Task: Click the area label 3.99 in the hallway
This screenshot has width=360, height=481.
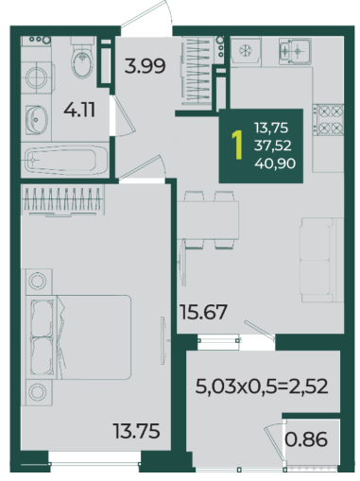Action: (x=145, y=66)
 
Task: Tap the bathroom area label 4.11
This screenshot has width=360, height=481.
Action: (x=79, y=110)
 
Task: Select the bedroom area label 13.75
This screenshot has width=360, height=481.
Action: (x=137, y=431)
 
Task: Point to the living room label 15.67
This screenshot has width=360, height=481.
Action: (x=203, y=312)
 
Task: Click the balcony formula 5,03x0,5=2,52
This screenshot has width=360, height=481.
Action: (x=262, y=387)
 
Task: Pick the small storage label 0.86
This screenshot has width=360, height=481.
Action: (x=306, y=439)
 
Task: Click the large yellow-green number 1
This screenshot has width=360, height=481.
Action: (x=237, y=146)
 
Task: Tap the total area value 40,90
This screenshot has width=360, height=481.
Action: (x=275, y=163)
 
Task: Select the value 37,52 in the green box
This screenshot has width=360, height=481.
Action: (x=273, y=146)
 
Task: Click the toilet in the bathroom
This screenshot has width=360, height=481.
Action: (x=82, y=58)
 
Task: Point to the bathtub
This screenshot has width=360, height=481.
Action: (x=65, y=160)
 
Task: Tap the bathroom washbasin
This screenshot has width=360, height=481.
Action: (x=37, y=120)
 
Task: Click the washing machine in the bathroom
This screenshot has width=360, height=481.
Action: (x=37, y=77)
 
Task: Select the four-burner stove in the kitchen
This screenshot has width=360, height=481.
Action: (x=330, y=120)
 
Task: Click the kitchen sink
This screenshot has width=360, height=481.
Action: (x=295, y=50)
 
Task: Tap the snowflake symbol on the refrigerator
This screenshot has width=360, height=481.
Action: (x=246, y=51)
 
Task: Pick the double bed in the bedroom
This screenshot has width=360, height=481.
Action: (x=78, y=337)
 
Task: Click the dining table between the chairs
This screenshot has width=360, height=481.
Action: (x=208, y=220)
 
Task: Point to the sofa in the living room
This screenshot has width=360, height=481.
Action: (x=322, y=260)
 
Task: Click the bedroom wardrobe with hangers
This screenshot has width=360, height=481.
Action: (x=63, y=200)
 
